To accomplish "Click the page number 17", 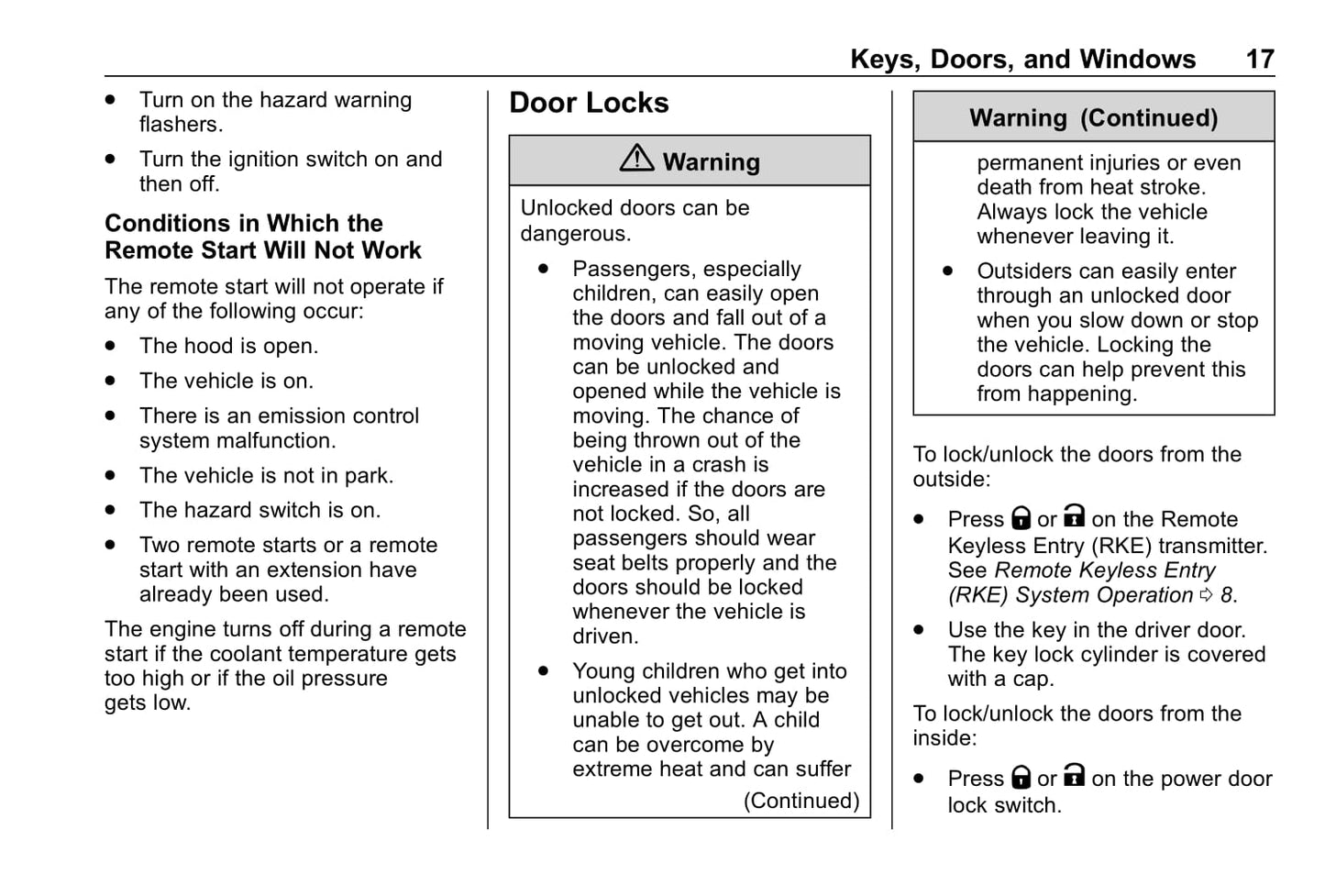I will pos(1259,60).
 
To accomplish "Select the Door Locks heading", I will pos(589,103).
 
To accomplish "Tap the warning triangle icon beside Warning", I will pos(636,159).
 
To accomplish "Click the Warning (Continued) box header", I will pos(1093,117).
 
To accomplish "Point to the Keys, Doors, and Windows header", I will pos(1022,60).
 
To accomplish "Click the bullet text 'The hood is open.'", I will pos(228,347).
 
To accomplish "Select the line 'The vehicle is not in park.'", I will pos(266,476).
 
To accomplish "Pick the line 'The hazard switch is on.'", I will pos(259,511).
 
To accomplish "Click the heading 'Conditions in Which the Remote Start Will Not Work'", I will pos(262,237).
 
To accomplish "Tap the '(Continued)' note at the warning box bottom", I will pos(801,801).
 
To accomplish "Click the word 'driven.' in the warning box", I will pos(605,636).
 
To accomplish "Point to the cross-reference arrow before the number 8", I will pos(1207,595).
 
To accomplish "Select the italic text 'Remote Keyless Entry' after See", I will pos(1105,570).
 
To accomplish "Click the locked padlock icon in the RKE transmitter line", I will pos(1021,519).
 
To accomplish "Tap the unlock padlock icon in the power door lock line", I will pos(1074,777).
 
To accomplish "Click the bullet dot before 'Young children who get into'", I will pos(544,671).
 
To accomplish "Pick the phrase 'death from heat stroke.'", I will pos(1090,187).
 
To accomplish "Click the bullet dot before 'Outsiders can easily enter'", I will pos(947,271).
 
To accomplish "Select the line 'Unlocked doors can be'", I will pos(635,208).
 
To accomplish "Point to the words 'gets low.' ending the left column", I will pos(147,703).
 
